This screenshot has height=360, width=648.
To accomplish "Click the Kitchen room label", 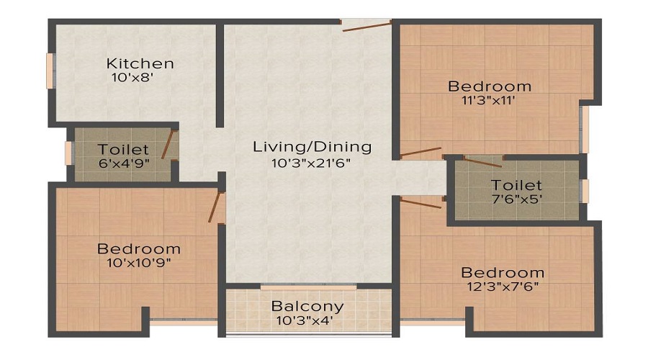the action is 140,63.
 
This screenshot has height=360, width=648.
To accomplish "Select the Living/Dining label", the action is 312,147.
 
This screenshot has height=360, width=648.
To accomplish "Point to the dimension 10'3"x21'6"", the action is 311,163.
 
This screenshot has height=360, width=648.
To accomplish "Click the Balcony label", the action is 307,307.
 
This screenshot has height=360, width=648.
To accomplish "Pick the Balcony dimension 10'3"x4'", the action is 305,320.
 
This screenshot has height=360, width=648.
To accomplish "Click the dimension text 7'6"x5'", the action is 516,199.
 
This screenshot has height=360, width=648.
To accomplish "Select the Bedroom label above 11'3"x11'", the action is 490,86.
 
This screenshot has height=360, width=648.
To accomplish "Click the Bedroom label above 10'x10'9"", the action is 139,249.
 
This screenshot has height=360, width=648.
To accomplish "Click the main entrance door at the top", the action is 366,27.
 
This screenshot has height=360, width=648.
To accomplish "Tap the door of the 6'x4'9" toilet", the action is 167,145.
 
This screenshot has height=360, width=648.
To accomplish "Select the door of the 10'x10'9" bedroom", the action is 215,207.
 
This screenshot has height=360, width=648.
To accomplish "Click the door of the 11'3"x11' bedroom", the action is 420,152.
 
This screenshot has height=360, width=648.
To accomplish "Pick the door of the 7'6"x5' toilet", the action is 482,162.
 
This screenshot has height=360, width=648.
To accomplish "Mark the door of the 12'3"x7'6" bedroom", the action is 420,203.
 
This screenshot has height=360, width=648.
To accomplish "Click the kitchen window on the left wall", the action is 50,71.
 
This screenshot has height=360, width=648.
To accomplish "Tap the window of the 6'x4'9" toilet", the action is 69,154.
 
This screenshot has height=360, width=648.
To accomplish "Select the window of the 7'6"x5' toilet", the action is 585,191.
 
